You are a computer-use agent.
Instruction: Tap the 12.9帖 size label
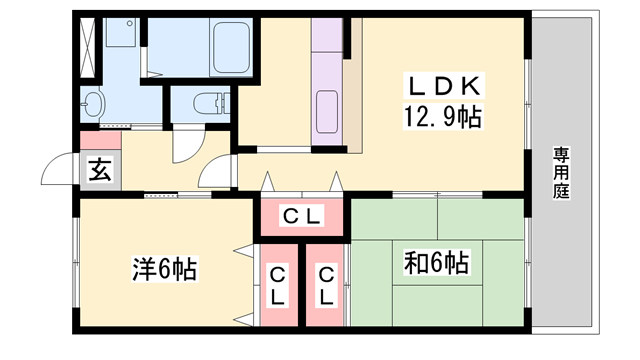[x=442, y=118]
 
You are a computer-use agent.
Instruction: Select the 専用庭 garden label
[x=561, y=173]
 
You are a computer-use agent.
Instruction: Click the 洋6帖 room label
[x=165, y=268]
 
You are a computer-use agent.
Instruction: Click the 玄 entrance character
[x=100, y=169]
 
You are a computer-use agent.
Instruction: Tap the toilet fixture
[x=205, y=103]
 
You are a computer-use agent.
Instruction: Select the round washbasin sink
[x=96, y=104]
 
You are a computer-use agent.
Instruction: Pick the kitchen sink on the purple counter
[x=328, y=108]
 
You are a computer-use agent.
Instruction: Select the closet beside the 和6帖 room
[x=326, y=286]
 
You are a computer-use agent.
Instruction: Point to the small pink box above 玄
[x=100, y=139]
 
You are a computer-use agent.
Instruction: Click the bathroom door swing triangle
[x=151, y=60]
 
